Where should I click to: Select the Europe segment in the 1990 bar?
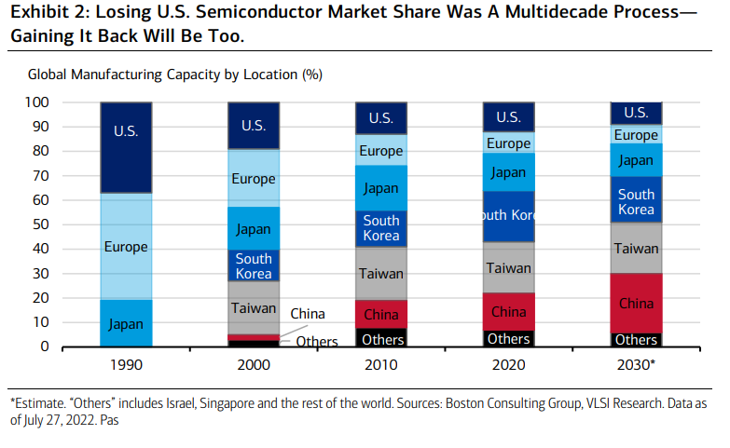(x=126, y=247)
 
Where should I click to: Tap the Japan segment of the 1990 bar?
(x=126, y=323)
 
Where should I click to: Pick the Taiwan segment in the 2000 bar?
(x=254, y=307)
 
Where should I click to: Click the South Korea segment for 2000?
(x=254, y=265)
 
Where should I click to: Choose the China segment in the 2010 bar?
(x=380, y=313)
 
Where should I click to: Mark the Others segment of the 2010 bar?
(x=380, y=338)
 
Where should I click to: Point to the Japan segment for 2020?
(x=508, y=172)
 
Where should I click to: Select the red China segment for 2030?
(x=636, y=303)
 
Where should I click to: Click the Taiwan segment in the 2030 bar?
(x=636, y=248)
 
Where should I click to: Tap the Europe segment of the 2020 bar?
(x=508, y=143)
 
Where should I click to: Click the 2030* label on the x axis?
(x=636, y=364)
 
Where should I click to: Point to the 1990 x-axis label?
(x=126, y=364)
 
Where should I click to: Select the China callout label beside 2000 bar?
(x=308, y=314)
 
